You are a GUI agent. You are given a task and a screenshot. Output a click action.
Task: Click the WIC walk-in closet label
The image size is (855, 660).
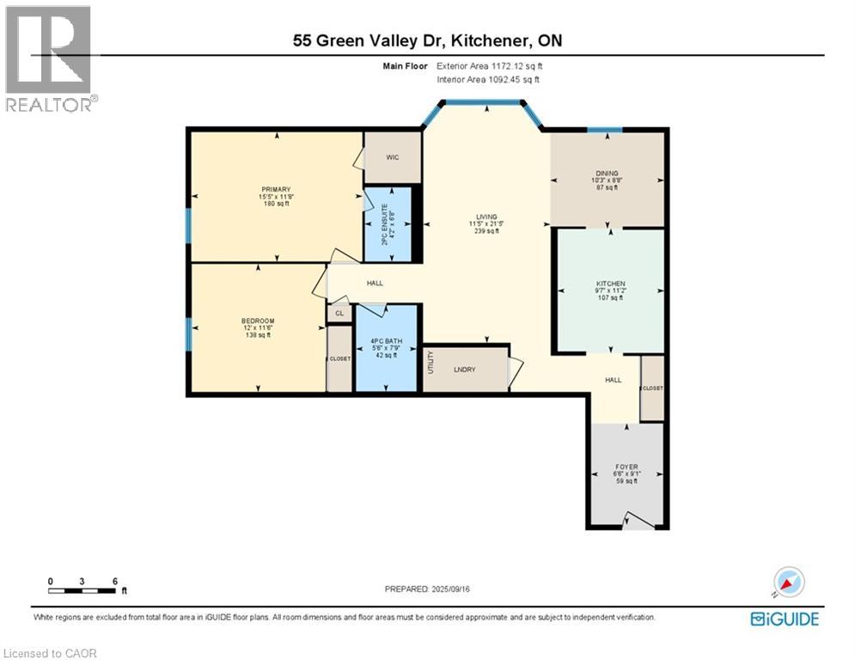(392, 157)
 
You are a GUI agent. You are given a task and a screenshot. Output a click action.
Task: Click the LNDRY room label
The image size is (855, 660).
(465, 370)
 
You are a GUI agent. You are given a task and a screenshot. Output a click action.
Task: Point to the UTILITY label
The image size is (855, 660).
(431, 363)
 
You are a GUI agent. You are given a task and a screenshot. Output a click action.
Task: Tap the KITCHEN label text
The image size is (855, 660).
(610, 284)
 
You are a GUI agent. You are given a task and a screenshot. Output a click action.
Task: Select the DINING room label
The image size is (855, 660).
(607, 174)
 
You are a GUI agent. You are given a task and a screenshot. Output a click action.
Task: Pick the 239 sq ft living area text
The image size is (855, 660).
(487, 230)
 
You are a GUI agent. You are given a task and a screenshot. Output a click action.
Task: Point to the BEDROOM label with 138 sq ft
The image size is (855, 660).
(258, 321)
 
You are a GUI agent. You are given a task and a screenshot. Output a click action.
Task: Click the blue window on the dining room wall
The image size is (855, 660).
(605, 130)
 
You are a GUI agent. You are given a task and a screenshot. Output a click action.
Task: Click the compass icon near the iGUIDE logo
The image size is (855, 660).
(788, 583)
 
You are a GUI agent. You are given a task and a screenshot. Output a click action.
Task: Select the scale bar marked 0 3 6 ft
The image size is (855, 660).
(82, 590)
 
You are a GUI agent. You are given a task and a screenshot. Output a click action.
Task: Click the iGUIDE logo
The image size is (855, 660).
(784, 619)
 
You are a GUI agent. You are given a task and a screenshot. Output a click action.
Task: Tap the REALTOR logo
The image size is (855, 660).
(50, 58)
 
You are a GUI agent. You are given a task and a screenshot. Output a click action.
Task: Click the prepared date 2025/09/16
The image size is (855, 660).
(427, 589)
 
